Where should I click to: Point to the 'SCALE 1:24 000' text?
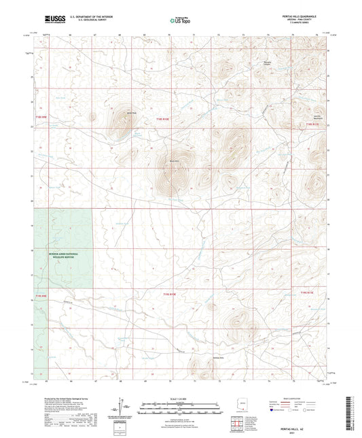point(180,399)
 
